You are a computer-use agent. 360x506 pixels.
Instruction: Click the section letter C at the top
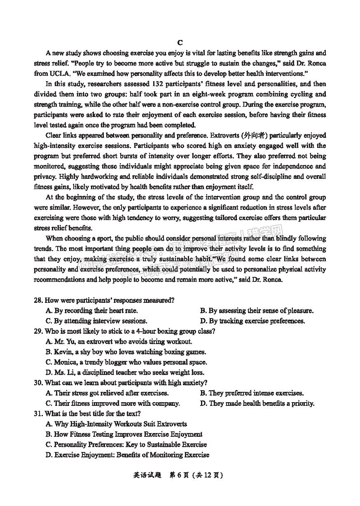click(x=180, y=43)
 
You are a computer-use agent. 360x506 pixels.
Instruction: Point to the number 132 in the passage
click(x=147, y=84)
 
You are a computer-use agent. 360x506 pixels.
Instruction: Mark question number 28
click(x=38, y=300)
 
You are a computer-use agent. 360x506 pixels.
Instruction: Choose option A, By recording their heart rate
click(x=92, y=311)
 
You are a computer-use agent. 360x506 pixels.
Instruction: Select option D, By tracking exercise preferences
click(x=252, y=321)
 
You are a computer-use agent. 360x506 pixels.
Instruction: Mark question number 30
click(x=38, y=383)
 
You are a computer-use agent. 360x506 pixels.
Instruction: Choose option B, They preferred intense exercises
click(x=252, y=393)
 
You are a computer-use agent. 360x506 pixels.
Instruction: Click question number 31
click(x=38, y=414)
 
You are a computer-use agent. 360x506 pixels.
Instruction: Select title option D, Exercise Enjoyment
click(x=127, y=455)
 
